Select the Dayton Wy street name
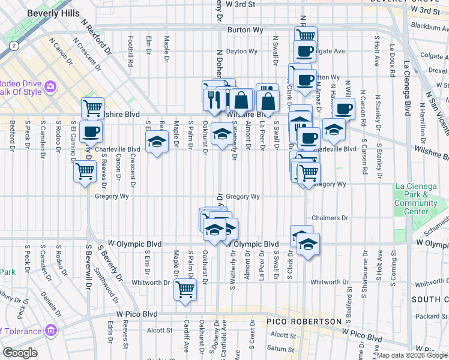pyautogui.click(x=241, y=52)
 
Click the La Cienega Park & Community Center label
pyautogui.click(x=415, y=199)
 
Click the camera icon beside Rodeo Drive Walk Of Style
pyautogui.click(x=50, y=86)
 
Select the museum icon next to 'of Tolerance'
pyautogui.click(x=50, y=330)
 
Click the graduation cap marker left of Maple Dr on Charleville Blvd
pyautogui.click(x=157, y=143)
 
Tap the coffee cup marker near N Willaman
pyautogui.click(x=343, y=109)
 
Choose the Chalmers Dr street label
pyautogui.click(x=330, y=218)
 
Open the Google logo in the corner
pyautogui.click(x=20, y=353)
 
